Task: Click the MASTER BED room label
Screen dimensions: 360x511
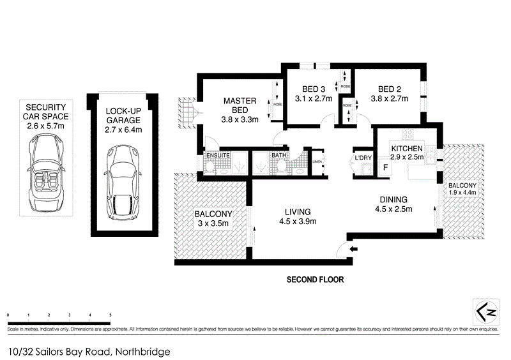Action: pyautogui.click(x=239, y=105)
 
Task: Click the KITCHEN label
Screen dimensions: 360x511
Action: pyautogui.click(x=406, y=148)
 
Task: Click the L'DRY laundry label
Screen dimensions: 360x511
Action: pyautogui.click(x=363, y=158)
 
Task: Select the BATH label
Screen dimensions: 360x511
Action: pyautogui.click(x=278, y=154)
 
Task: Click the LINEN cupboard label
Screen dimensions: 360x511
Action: pyautogui.click(x=317, y=162)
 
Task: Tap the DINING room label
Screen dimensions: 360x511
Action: pyautogui.click(x=393, y=199)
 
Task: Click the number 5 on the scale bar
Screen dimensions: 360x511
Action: pyautogui.click(x=111, y=315)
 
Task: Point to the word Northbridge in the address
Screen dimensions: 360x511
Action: pyautogui.click(x=142, y=350)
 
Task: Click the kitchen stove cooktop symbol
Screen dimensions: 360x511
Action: pyautogui.click(x=408, y=134)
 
